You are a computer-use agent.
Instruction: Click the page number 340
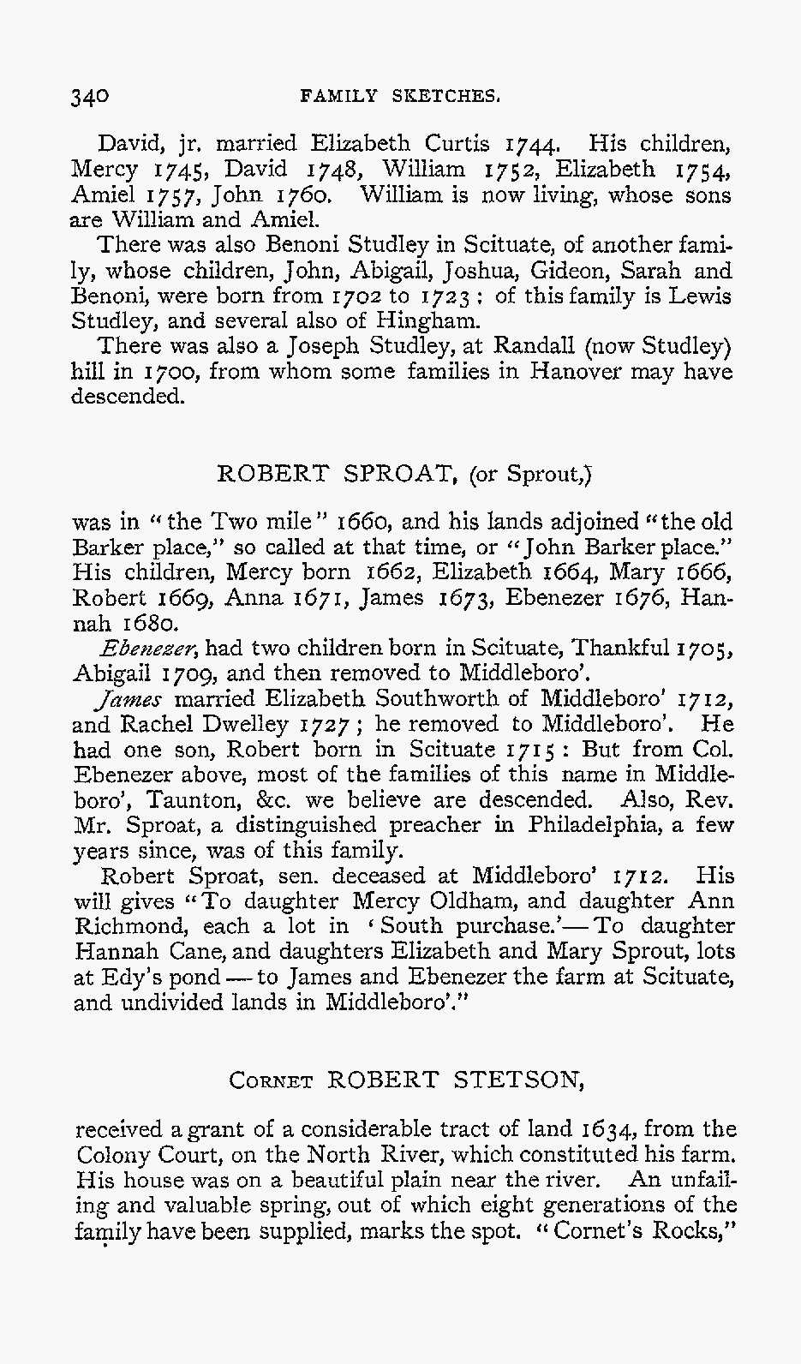(x=90, y=95)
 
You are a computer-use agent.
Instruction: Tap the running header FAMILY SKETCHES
(x=400, y=95)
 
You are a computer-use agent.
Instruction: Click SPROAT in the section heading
(x=393, y=473)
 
